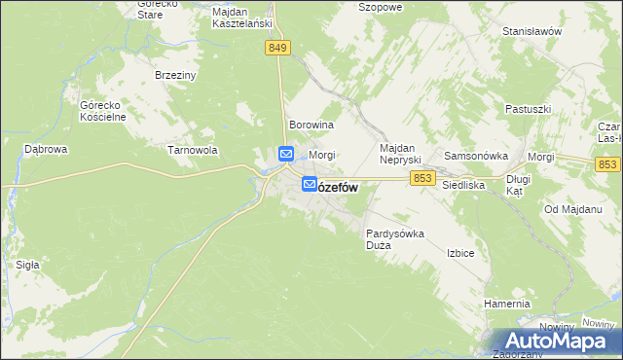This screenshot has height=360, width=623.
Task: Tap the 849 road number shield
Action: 277,48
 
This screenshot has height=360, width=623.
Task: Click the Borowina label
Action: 311,126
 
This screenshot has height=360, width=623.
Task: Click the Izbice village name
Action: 460,253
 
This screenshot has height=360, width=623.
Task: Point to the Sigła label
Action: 27,264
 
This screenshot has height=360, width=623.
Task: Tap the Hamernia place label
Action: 507,304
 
